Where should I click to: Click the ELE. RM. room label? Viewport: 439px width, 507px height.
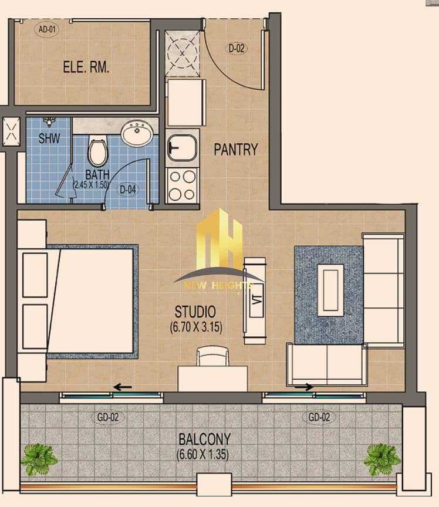[86, 67]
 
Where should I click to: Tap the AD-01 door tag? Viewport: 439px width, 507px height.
[47, 29]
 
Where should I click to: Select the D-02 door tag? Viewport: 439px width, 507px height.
[237, 49]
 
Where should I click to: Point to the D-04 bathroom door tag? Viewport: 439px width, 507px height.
[128, 189]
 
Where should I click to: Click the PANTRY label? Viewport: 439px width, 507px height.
[236, 150]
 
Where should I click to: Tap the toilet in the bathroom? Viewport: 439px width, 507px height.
[97, 151]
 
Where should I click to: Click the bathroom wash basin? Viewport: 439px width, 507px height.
[137, 133]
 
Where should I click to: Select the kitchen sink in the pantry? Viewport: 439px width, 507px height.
[182, 148]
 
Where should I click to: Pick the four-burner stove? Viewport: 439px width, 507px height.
[182, 185]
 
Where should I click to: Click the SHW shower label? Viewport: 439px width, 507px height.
[49, 138]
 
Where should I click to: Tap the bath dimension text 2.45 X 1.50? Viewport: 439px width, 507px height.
[91, 185]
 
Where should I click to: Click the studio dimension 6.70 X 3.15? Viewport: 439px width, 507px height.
[196, 327]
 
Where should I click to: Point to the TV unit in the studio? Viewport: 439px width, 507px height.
[255, 300]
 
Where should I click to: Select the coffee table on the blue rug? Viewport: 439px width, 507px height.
[330, 290]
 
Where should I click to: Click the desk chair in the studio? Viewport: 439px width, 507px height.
[212, 356]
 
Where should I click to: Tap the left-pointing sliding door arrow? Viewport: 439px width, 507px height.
[123, 387]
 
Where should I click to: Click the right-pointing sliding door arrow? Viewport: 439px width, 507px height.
[304, 387]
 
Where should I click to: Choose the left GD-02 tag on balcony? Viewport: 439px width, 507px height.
[108, 417]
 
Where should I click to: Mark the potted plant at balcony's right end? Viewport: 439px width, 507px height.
[381, 459]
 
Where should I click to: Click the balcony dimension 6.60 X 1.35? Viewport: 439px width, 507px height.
[203, 454]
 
